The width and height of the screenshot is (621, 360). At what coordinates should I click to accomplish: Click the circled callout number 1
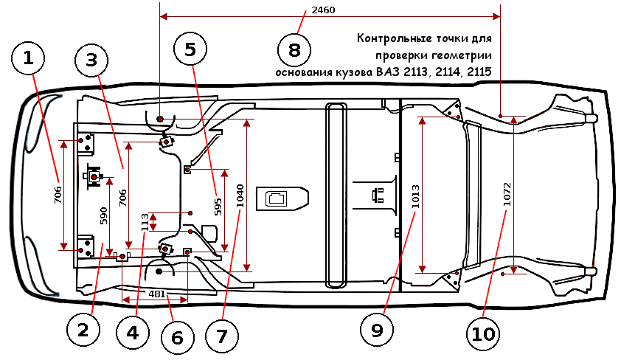pyautogui.click(x=29, y=59)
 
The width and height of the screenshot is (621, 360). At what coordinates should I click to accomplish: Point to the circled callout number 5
pyautogui.click(x=190, y=49)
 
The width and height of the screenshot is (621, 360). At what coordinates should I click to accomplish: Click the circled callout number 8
pyautogui.click(x=294, y=50)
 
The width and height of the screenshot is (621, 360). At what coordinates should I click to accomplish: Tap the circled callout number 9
pyautogui.click(x=377, y=330)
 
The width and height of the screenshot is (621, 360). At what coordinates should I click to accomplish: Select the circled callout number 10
pyautogui.click(x=483, y=333)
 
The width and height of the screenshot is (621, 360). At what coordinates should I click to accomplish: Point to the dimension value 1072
pyautogui.click(x=507, y=193)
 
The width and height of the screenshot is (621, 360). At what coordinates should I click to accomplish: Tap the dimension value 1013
pyautogui.click(x=416, y=193)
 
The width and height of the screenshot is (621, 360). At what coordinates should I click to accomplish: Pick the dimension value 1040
pyautogui.click(x=240, y=195)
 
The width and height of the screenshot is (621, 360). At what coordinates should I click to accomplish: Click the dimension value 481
pyautogui.click(x=156, y=294)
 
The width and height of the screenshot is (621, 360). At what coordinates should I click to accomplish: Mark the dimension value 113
pyautogui.click(x=145, y=221)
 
